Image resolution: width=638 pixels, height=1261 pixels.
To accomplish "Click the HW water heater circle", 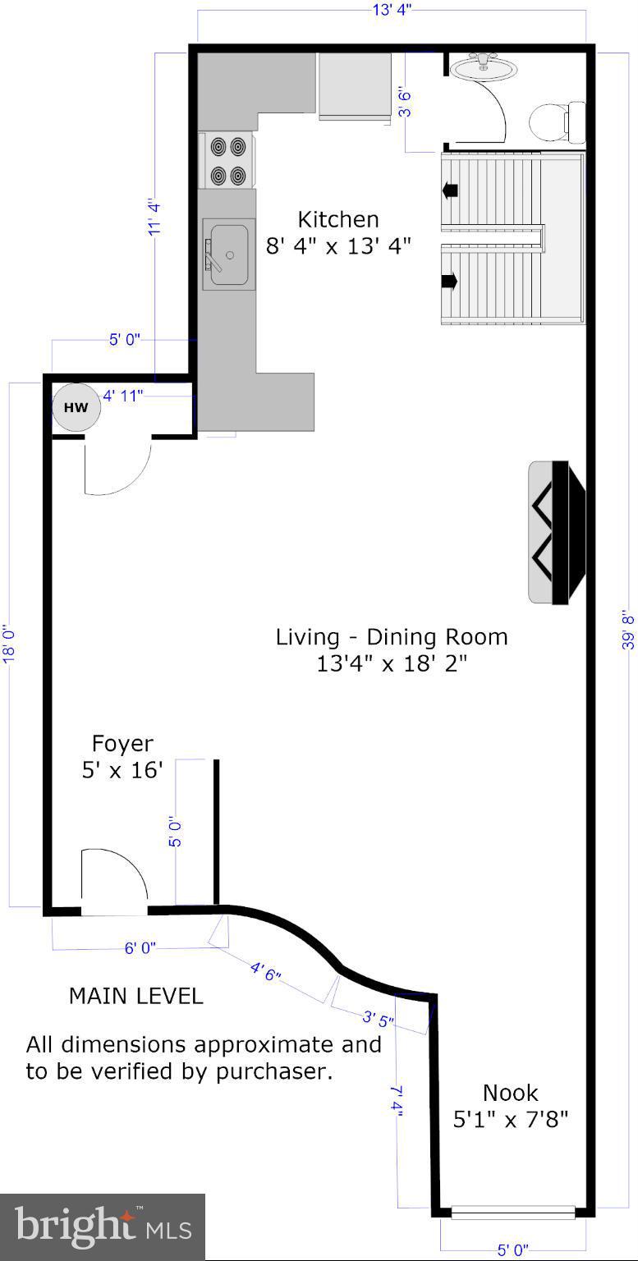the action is (76, 407).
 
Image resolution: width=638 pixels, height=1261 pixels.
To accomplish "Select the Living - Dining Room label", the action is (392, 650).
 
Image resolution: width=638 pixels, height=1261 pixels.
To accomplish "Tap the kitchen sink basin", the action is (228, 254).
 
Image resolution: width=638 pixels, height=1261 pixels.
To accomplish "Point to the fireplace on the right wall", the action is (557, 533).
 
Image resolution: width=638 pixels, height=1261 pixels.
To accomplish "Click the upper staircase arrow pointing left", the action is (450, 190).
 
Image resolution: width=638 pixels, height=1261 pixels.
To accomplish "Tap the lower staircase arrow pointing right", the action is (450, 280).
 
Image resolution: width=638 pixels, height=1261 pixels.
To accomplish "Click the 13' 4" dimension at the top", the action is (392, 10).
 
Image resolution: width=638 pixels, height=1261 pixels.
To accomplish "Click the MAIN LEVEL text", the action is (135, 997).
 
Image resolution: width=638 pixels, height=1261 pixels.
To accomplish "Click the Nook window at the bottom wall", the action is (513, 1212).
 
